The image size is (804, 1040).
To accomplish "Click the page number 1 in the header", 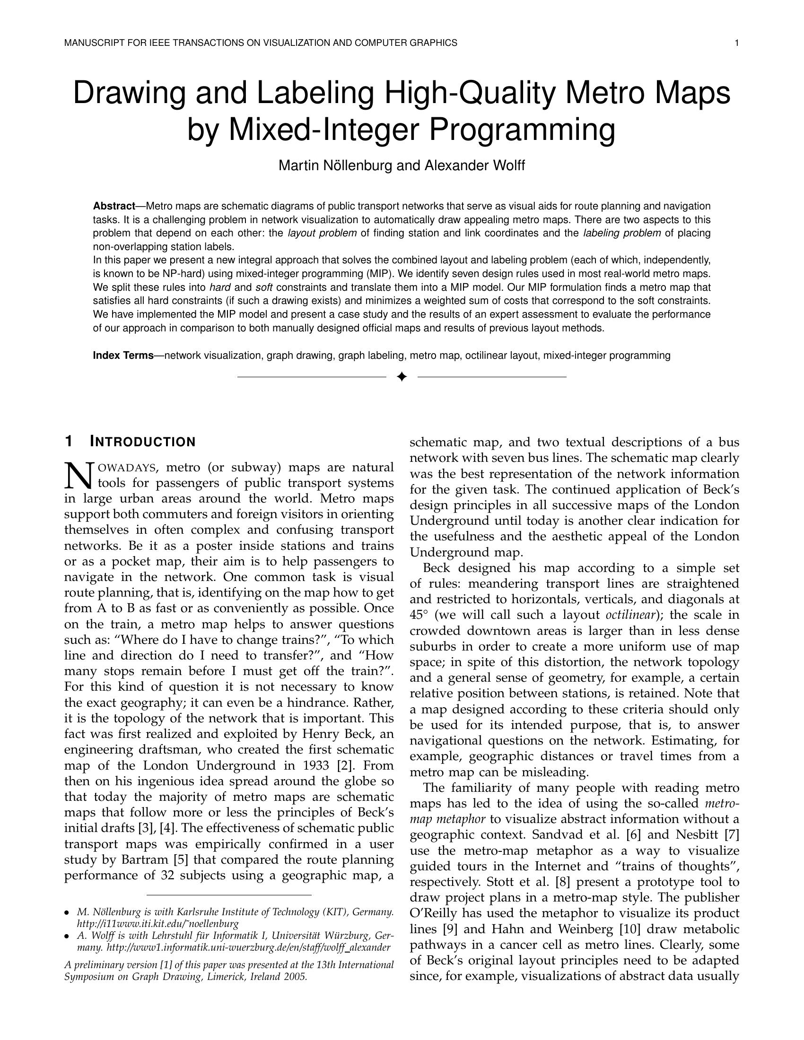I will (736, 43).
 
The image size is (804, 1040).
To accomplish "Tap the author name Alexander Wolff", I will (474, 166).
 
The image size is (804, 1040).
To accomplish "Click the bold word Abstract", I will (114, 206).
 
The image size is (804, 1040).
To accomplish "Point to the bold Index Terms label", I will (123, 355).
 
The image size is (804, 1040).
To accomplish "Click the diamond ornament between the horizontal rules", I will (402, 377).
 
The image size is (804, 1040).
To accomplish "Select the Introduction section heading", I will (142, 442).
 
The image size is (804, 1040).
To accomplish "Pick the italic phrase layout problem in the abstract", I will (322, 234).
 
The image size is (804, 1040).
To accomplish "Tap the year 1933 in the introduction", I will (317, 766).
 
